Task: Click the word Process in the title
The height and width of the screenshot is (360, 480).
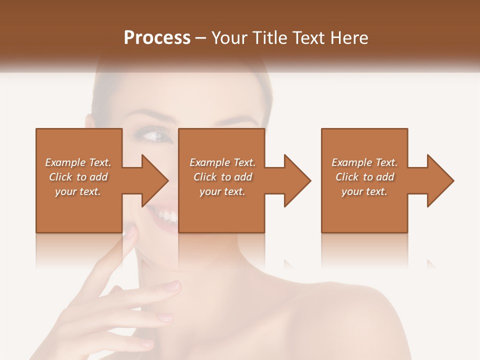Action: (157, 37)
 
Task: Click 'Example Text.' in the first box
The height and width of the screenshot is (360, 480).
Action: (78, 162)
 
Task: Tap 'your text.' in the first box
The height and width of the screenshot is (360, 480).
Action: (78, 191)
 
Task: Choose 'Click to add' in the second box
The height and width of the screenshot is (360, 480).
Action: (222, 177)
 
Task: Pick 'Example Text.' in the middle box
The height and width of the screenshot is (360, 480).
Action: (222, 162)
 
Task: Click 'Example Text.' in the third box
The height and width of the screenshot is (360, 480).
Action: (364, 162)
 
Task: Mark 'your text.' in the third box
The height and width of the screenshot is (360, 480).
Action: (364, 191)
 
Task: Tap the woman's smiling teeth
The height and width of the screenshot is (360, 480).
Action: (166, 216)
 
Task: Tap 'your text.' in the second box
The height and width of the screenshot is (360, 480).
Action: (222, 191)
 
